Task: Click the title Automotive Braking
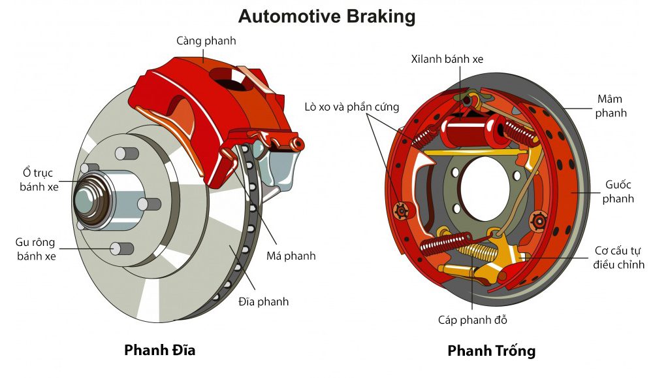pyautogui.click(x=326, y=16)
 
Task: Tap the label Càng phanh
pyautogui.click(x=206, y=41)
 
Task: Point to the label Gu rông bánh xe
pyautogui.click(x=37, y=249)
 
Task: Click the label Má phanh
pyautogui.click(x=291, y=256)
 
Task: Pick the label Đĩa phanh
pyautogui.click(x=263, y=301)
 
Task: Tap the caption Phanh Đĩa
pyautogui.click(x=159, y=350)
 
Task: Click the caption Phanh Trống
pyautogui.click(x=491, y=351)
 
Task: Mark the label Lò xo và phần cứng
pyautogui.click(x=351, y=107)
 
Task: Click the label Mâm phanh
pyautogui.click(x=611, y=106)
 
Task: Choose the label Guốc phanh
pyautogui.click(x=618, y=192)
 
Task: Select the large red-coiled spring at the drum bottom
pyautogui.click(x=446, y=244)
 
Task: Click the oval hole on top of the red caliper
pyautogui.click(x=232, y=82)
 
